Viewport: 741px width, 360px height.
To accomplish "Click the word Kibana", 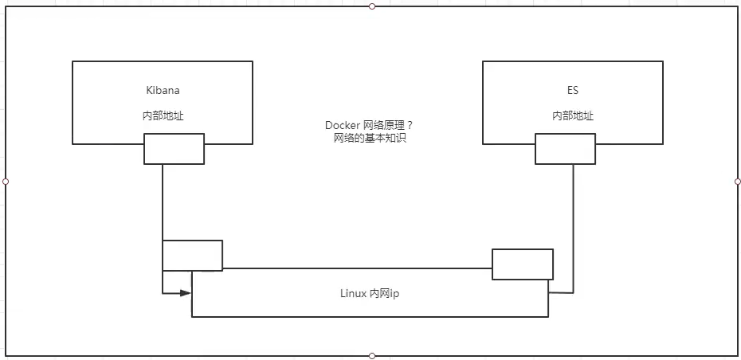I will [x=163, y=91].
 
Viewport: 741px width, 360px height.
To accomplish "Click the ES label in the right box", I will [x=573, y=91].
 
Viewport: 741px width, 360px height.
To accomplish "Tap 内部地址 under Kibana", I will [x=163, y=115].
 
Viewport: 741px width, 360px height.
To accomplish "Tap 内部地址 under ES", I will [x=573, y=115].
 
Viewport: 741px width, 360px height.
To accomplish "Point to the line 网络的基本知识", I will [x=366, y=138].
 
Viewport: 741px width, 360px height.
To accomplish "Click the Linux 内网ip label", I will [x=370, y=293].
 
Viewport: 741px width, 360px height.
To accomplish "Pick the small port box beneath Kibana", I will [x=174, y=149].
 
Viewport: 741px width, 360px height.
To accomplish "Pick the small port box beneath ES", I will [x=565, y=149].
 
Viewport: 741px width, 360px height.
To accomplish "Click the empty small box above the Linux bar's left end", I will [x=192, y=255].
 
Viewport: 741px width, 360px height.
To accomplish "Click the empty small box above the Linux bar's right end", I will [x=523, y=264].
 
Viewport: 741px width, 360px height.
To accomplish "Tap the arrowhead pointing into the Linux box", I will [x=186, y=292].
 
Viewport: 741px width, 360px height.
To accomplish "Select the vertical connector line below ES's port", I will [x=573, y=223].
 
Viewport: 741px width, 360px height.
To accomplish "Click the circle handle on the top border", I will [x=371, y=6].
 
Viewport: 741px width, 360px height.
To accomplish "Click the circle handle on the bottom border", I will [x=371, y=355].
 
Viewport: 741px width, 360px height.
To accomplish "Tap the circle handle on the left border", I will [x=6, y=182].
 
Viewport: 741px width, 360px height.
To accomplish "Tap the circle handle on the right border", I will [x=737, y=182].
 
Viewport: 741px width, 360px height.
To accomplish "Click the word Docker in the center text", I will [x=340, y=125].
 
